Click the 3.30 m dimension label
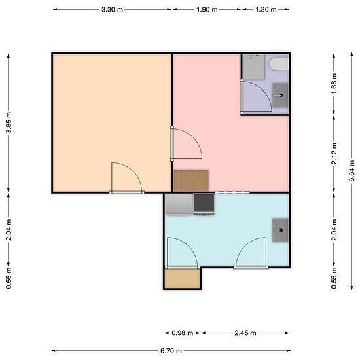pyautogui.click(x=113, y=10)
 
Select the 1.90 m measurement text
pyautogui.click(x=207, y=10)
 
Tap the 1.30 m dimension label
pyautogui.click(x=266, y=10)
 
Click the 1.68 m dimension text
pyautogui.click(x=334, y=84)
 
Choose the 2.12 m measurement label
pyautogui.click(x=334, y=153)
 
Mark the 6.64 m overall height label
pyautogui.click(x=351, y=171)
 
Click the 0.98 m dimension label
pyautogui.click(x=183, y=333)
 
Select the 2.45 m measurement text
pyautogui.click(x=245, y=333)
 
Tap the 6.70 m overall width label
pyautogui.click(x=171, y=351)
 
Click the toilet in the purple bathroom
pyautogui.click(x=279, y=64)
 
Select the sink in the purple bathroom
pyautogui.click(x=280, y=96)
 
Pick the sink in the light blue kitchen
pyautogui.click(x=280, y=230)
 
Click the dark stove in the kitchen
pyautogui.click(x=204, y=205)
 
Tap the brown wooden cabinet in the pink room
pyautogui.click(x=190, y=181)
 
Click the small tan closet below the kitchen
pyautogui.click(x=183, y=279)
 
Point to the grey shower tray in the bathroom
pyautogui.click(x=254, y=67)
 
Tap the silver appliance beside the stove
pyautogui.click(x=179, y=205)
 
